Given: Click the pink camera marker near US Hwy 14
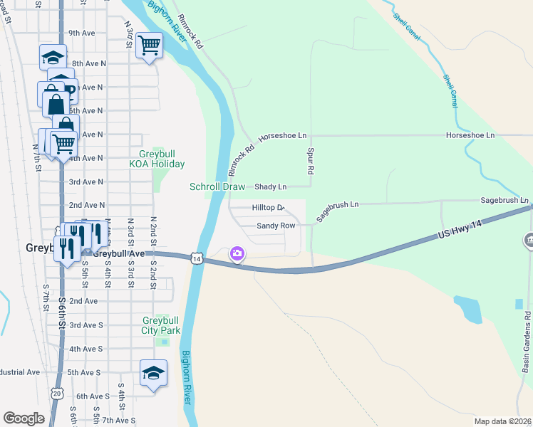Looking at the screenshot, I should point(237,253).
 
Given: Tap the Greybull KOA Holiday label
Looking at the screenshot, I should point(157,159).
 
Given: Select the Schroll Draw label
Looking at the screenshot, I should point(217,186).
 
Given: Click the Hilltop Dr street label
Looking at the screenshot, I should point(268,207).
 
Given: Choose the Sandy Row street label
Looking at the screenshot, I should point(276,226).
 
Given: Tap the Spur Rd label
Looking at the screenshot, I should point(311,162).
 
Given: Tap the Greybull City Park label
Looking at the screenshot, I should point(160,325).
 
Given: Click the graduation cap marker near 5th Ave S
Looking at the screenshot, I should point(153,374).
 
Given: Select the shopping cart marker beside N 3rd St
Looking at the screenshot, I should point(149,47).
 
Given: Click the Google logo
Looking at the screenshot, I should point(24,418).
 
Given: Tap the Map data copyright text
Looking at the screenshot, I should point(502,421).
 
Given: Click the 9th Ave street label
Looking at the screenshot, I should point(82,33).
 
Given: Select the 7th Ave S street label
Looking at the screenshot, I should point(118,420).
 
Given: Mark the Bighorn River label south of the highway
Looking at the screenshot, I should point(187,377).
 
